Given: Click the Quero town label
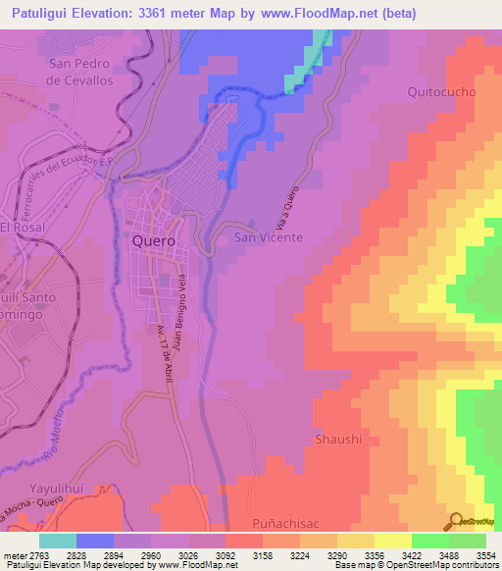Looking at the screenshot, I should [x=154, y=240].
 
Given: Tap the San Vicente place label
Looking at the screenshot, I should [x=268, y=237].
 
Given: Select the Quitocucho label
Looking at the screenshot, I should [x=441, y=92].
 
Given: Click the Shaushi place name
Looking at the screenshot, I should [x=338, y=439].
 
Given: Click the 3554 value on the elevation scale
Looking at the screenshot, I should [x=485, y=556].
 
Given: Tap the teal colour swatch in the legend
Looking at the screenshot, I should [x=58, y=541].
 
